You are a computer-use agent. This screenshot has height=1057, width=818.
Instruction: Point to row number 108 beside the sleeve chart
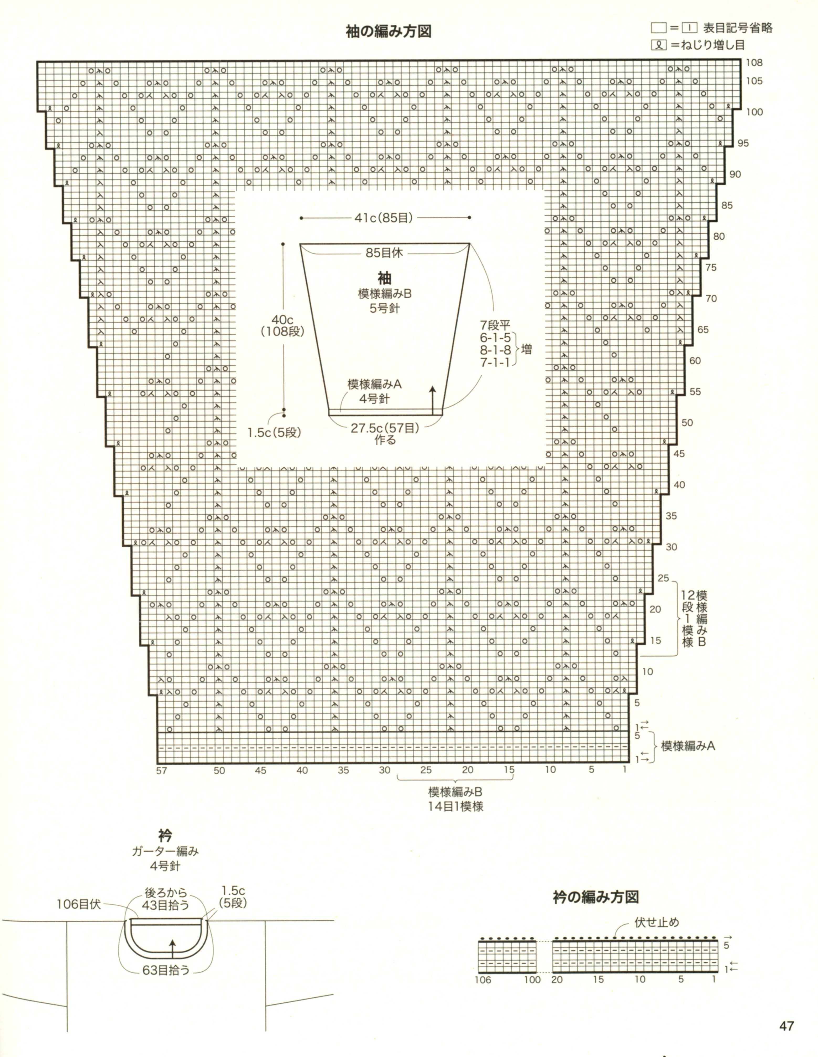[x=754, y=63]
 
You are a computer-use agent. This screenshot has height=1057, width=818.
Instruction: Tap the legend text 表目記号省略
[x=738, y=28]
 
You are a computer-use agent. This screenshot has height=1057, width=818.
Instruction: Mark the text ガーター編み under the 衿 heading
[x=165, y=851]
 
